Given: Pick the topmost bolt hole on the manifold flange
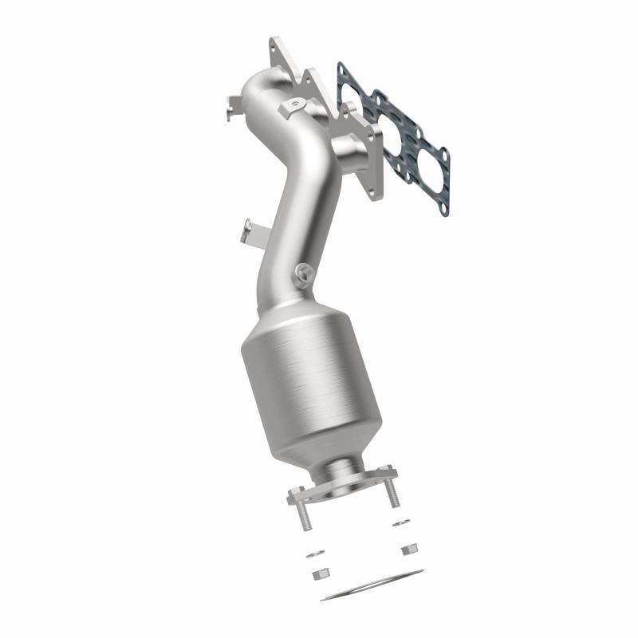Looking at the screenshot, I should (x=276, y=45).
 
